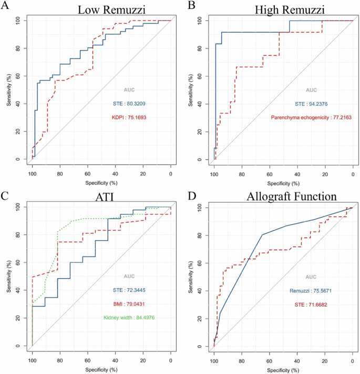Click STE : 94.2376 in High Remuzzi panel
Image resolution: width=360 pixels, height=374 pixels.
304,104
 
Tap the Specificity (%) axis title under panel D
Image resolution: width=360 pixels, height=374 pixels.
283,370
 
